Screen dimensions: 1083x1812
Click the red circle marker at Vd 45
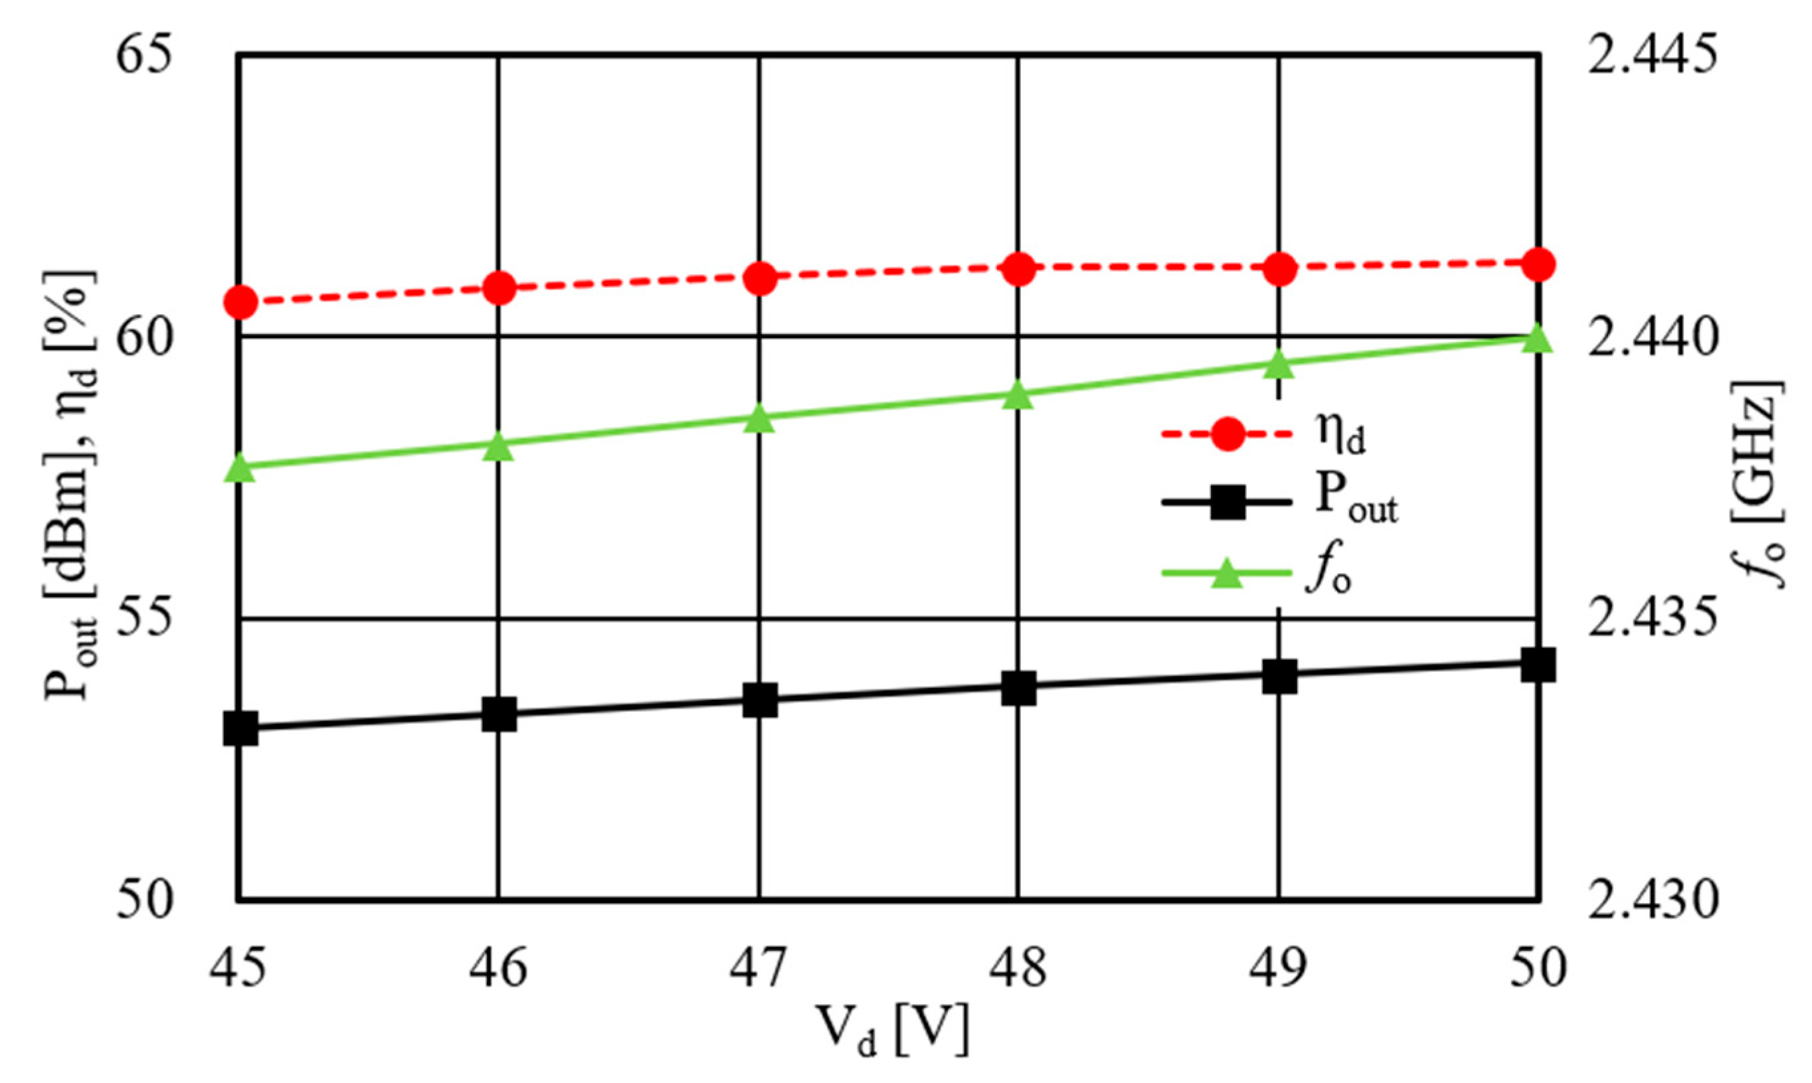pyautogui.click(x=240, y=302)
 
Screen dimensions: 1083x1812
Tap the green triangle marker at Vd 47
pyautogui.click(x=760, y=420)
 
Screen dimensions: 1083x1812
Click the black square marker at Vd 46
pyautogui.click(x=499, y=714)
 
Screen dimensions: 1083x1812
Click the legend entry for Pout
pyautogui.click(x=1277, y=504)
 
